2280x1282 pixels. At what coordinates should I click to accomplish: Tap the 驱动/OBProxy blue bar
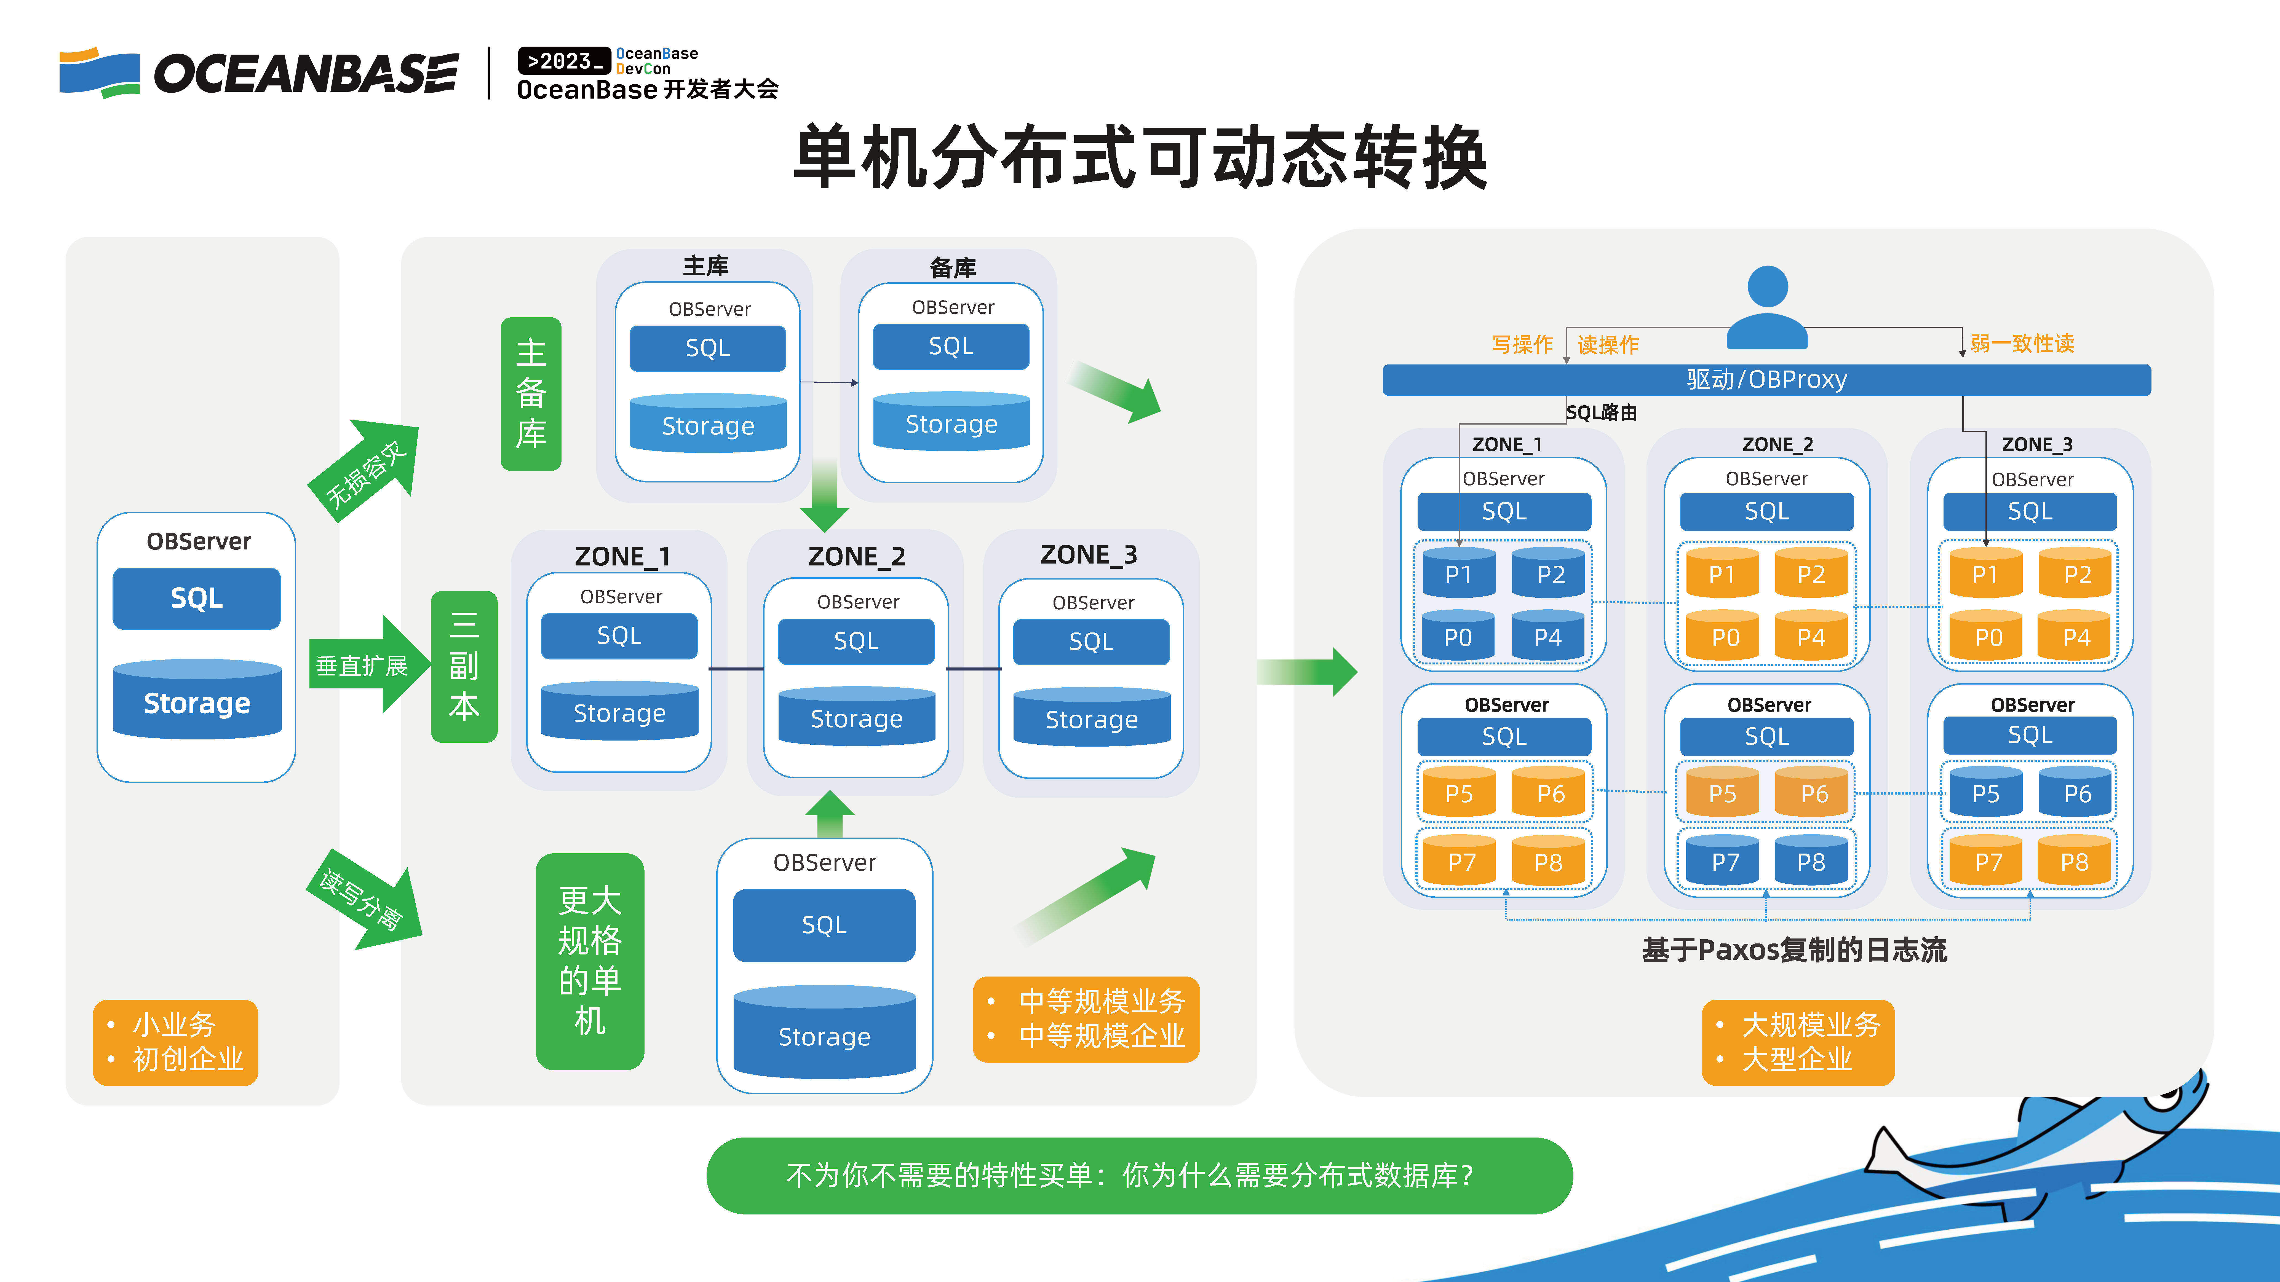1767,380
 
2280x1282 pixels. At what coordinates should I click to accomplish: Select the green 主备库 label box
531,394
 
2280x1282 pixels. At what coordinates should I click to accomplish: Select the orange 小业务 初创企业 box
175,1042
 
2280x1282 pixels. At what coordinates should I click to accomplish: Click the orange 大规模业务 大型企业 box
1798,1042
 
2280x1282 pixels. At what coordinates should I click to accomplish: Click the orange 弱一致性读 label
2022,343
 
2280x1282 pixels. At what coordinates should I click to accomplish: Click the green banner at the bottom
1139,1176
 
